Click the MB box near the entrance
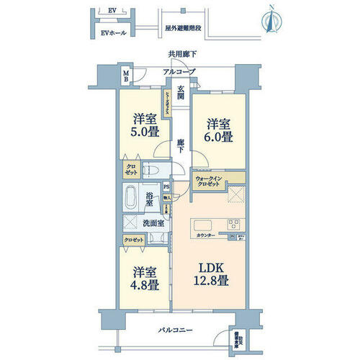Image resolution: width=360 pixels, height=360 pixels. tap(125, 74)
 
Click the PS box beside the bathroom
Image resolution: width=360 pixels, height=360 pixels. tap(166, 185)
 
